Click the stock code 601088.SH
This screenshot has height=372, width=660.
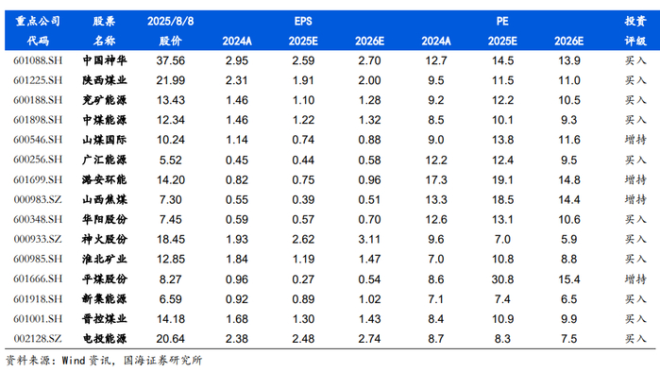tap(38, 60)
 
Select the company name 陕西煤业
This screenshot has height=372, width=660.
tap(105, 80)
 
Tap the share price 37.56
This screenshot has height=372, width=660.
tap(171, 60)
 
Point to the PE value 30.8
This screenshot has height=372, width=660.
tap(502, 279)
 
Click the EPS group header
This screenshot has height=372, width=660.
tap(303, 21)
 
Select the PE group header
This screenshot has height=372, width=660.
tap(502, 21)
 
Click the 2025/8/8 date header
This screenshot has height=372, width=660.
tap(171, 21)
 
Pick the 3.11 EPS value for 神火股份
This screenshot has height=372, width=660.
tap(369, 240)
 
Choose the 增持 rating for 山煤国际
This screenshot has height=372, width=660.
tap(635, 140)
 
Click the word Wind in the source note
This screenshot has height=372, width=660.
tap(74, 361)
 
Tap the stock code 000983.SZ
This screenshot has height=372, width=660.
tap(38, 199)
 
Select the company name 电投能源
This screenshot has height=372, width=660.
tap(105, 339)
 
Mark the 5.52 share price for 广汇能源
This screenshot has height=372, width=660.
tap(171, 160)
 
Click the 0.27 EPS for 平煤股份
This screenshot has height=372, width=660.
tap(303, 279)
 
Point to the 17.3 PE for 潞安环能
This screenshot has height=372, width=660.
tap(436, 180)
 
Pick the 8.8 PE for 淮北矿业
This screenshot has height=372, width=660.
tap(568, 260)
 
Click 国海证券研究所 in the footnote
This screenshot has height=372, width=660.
tap(163, 361)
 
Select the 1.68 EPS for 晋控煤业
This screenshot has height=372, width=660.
tap(237, 319)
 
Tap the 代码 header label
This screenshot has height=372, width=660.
tap(38, 41)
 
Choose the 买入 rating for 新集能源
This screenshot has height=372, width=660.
tap(635, 299)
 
